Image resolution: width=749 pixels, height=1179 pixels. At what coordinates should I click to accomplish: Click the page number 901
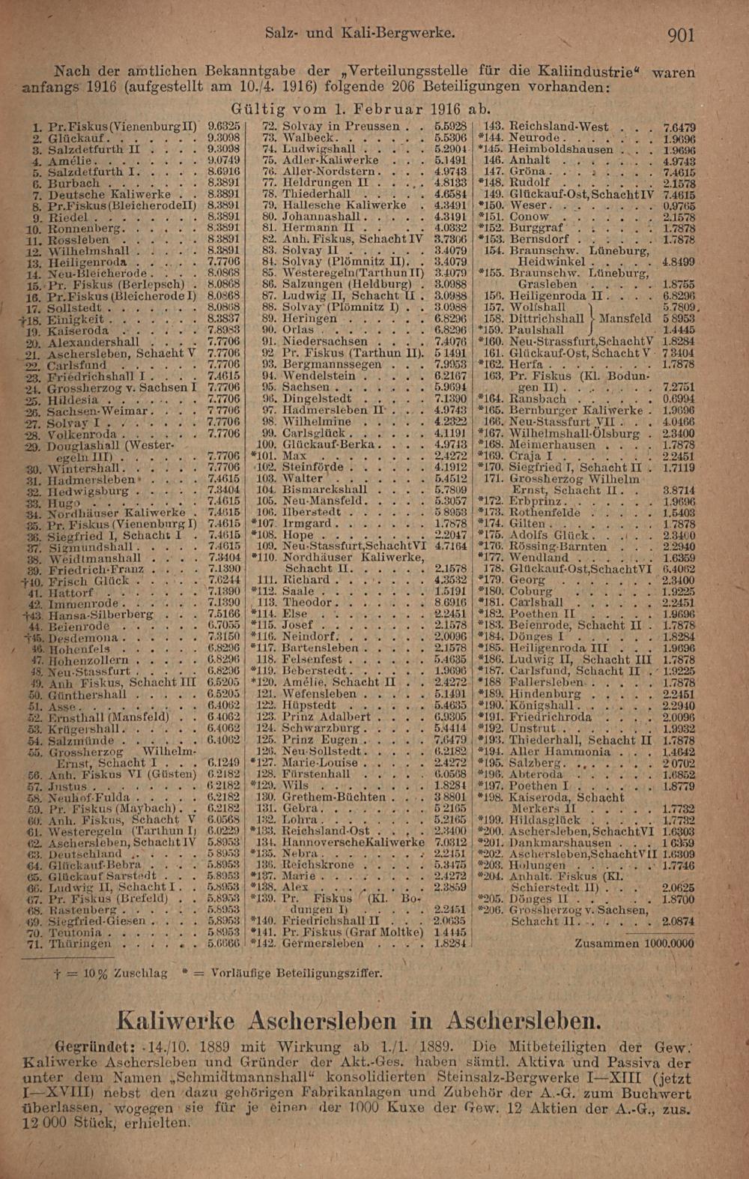click(679, 34)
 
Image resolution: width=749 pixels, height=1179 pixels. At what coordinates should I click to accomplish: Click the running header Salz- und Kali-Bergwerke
click(360, 34)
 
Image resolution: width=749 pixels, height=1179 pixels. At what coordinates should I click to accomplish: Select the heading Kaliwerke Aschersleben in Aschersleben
click(360, 1020)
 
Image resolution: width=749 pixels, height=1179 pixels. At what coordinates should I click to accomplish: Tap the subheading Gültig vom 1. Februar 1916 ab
click(361, 106)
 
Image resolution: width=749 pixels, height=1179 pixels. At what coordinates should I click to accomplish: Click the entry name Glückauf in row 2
click(75, 139)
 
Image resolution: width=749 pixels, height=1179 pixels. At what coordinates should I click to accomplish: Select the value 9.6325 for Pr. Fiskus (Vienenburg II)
click(223, 127)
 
